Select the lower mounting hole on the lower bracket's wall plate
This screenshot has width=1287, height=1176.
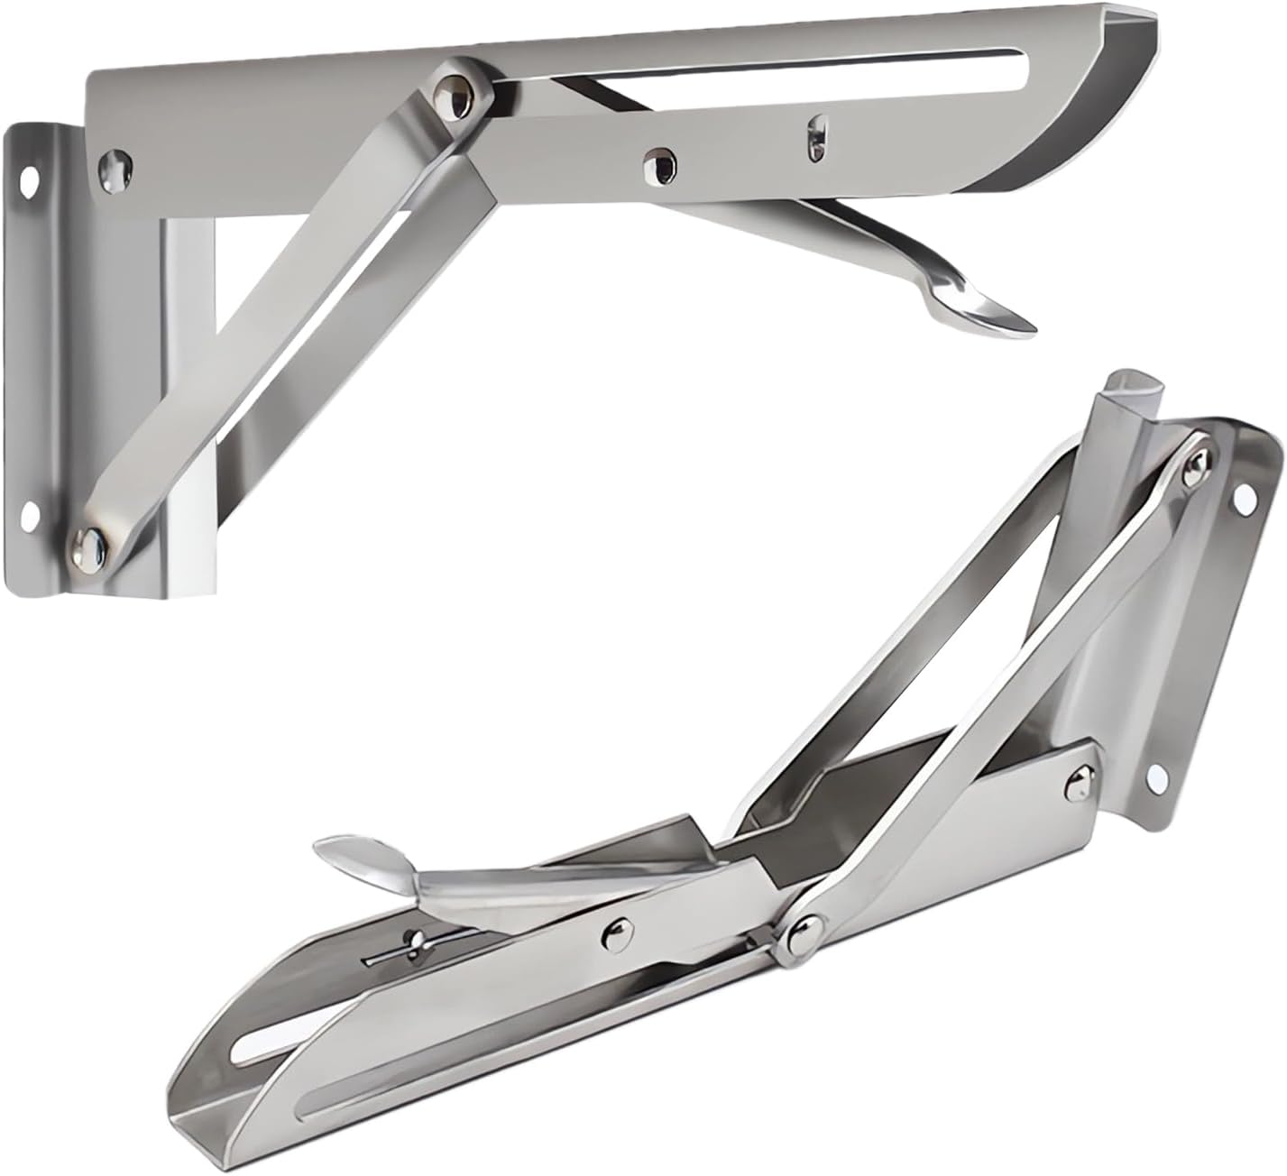[x=1154, y=778]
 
